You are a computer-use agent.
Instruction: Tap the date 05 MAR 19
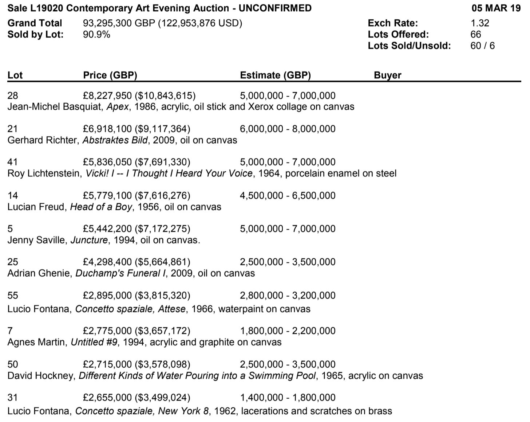pyautogui.click(x=496, y=8)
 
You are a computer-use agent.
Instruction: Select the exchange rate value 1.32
pyautogui.click(x=480, y=23)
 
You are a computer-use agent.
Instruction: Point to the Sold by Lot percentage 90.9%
pyautogui.click(x=96, y=34)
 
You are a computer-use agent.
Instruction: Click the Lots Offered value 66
pyautogui.click(x=475, y=34)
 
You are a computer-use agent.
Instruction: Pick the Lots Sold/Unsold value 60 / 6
pyautogui.click(x=482, y=46)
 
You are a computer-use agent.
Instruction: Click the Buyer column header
pyautogui.click(x=387, y=75)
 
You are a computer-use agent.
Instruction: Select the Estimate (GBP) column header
pyautogui.click(x=275, y=75)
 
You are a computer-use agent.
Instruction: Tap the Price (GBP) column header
pyautogui.click(x=110, y=75)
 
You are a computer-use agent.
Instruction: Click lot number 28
pyautogui.click(x=12, y=95)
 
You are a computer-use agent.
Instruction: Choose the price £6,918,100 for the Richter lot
pyautogui.click(x=107, y=129)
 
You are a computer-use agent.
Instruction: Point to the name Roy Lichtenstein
pyautogui.click(x=44, y=173)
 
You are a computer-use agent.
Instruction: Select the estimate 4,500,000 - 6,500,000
pyautogui.click(x=288, y=195)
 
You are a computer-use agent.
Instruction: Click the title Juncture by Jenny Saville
pyautogui.click(x=89, y=240)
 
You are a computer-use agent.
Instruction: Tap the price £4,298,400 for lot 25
pyautogui.click(x=107, y=262)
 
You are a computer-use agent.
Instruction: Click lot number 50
pyautogui.click(x=12, y=364)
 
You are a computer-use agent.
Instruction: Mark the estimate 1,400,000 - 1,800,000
pyautogui.click(x=288, y=397)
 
